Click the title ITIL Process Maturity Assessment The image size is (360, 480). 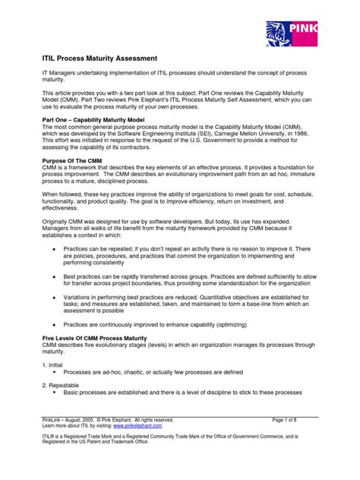click(x=99, y=58)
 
